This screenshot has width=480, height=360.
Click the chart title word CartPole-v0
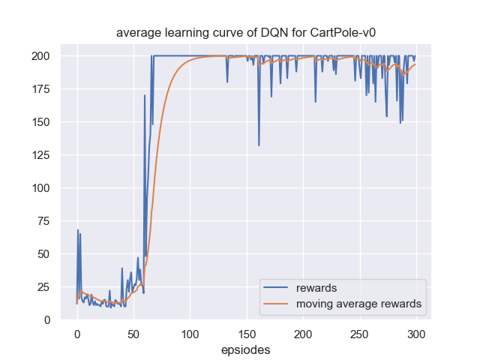click(331, 34)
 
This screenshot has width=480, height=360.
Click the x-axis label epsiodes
click(245, 349)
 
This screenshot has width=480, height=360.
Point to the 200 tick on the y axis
click(40, 56)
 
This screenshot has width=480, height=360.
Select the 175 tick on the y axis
click(40, 89)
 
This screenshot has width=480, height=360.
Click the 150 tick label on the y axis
click(40, 122)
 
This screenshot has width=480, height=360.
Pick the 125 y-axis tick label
click(40, 155)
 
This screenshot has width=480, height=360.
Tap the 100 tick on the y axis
click(40, 188)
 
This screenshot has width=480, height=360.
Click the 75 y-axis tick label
click(43, 221)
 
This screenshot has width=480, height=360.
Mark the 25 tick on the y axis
click(43, 287)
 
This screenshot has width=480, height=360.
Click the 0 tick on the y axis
click(46, 320)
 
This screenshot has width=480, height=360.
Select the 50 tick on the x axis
click(133, 334)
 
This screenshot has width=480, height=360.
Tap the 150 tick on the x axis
click(247, 334)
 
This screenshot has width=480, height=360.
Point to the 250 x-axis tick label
click(360, 334)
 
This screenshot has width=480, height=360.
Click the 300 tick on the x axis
click(416, 334)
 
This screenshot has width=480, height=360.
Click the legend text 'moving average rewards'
click(358, 304)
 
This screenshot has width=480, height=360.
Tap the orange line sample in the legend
click(277, 304)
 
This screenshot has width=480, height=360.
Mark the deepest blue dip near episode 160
click(259, 145)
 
